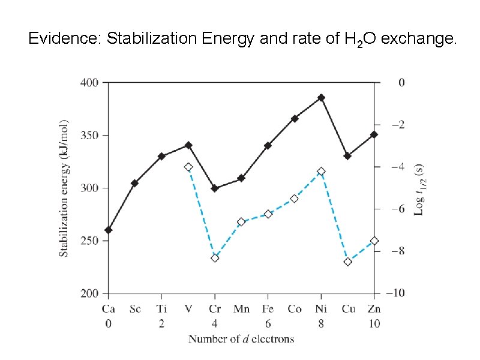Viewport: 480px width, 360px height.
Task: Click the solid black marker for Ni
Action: tap(321, 98)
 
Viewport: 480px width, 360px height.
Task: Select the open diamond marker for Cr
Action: tap(215, 258)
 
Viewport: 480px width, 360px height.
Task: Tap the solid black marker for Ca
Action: tap(108, 230)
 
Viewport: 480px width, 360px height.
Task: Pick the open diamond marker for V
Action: tap(188, 167)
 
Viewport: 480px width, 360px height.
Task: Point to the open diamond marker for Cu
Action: tap(347, 262)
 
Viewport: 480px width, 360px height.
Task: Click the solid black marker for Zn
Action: tap(374, 134)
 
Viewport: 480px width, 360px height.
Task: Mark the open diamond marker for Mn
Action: tap(241, 222)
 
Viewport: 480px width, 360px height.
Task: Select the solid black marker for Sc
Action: tap(134, 183)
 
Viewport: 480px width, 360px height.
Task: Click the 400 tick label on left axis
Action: tap(90, 83)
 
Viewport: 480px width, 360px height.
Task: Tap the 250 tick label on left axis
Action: tap(90, 241)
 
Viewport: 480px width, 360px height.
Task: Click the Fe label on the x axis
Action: tap(268, 310)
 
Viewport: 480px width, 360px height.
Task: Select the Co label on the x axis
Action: tap(294, 310)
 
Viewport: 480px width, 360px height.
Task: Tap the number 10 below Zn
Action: tap(374, 323)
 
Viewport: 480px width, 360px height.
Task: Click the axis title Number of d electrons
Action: tap(241, 339)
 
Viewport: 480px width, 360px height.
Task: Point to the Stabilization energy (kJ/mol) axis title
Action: tap(64, 188)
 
